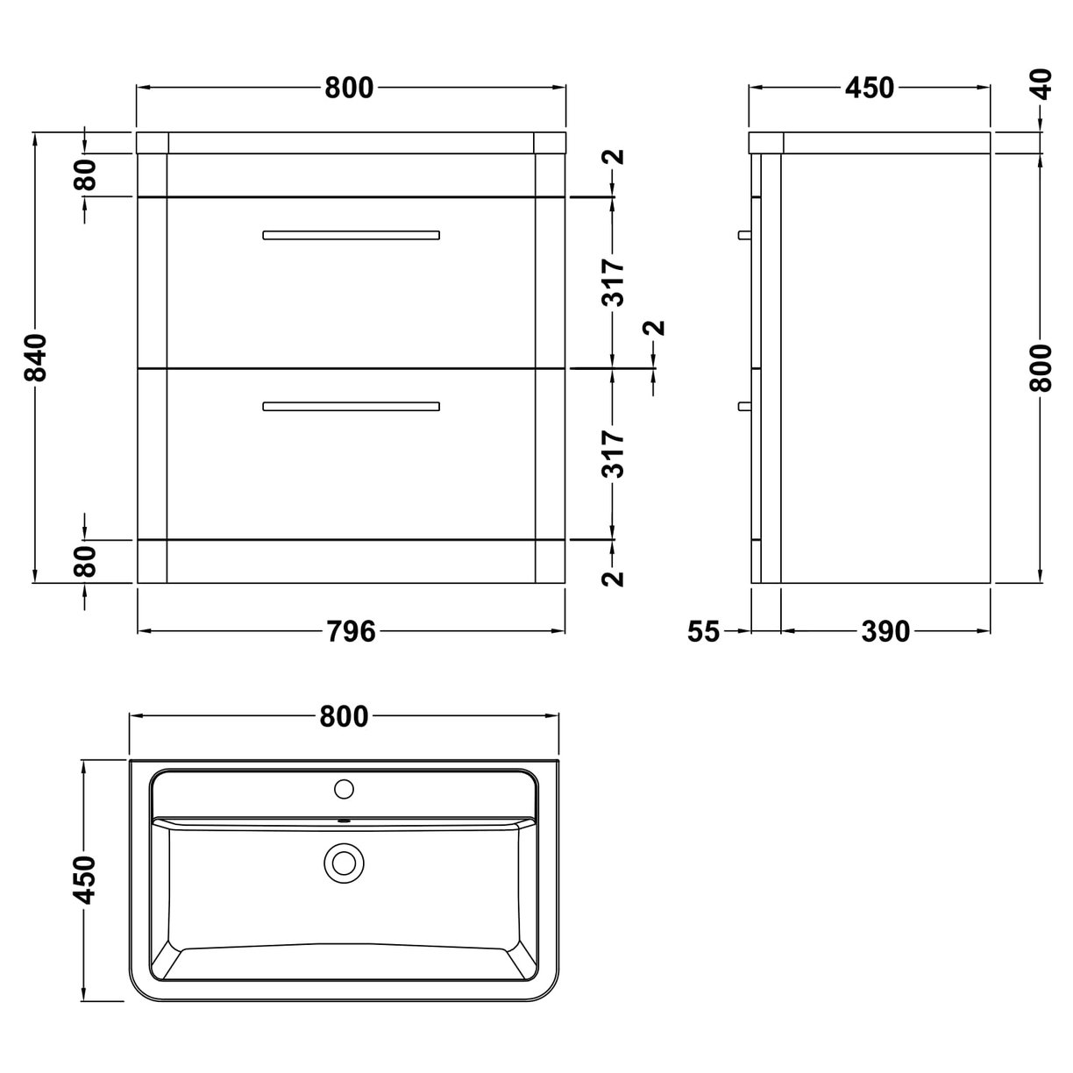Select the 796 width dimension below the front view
pos(351,630)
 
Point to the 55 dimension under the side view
pos(703,630)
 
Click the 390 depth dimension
pos(885,630)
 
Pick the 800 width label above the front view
pos(349,88)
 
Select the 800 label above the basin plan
pos(344,716)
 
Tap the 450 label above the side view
pos(869,88)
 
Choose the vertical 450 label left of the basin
pos(85,879)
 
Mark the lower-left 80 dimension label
pos(85,562)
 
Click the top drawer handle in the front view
pos(351,235)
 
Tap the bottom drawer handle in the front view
pos(351,406)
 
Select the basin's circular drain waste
pos(343,863)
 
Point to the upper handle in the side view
pos(744,235)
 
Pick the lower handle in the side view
pos(744,406)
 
